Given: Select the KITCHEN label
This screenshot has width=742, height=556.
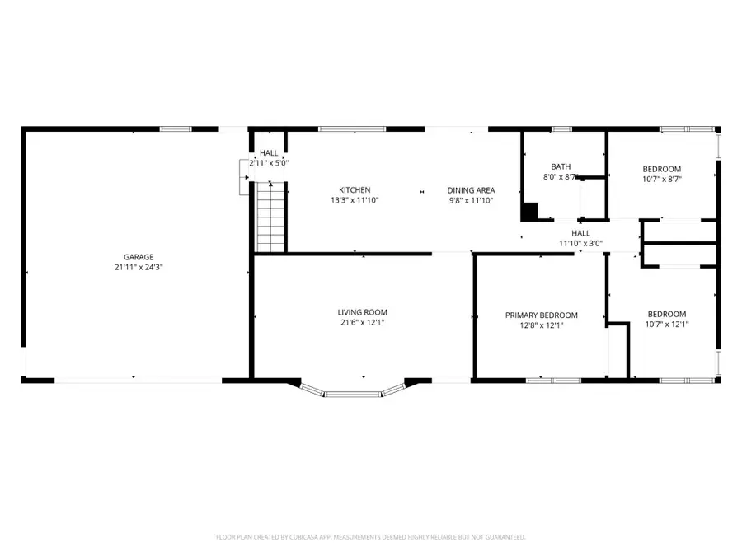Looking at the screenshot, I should pos(355,190).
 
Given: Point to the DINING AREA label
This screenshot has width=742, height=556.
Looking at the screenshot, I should pos(471,190).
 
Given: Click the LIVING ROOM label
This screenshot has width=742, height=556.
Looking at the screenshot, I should pos(362,312).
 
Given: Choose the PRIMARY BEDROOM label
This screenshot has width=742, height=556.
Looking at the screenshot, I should pos(541,315).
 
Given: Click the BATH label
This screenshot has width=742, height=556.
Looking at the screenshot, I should pos(561,166).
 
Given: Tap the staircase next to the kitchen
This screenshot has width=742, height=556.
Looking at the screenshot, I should pos(270,217).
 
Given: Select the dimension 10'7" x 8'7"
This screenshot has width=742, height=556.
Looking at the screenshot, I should pos(662,179).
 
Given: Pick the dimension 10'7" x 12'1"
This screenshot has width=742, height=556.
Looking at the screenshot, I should pos(666,325).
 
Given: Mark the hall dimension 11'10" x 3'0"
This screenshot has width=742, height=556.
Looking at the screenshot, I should pos(580,243).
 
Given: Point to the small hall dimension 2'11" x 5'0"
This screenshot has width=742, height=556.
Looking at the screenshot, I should pos(269,163).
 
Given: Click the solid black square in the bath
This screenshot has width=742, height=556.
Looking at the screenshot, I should pos(528,212).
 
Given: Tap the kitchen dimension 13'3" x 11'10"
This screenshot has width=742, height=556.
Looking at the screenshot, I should pos(355,200).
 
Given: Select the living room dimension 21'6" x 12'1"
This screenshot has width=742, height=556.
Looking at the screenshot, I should pos(362,323).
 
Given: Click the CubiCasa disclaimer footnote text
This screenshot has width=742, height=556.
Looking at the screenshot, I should pos(370,537).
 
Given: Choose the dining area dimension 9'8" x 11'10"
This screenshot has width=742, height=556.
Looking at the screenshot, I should pos(471,200).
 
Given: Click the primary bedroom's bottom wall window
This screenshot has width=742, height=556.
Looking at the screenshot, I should pos(547,380).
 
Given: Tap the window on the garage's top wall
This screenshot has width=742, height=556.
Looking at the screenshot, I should pos(175,128).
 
